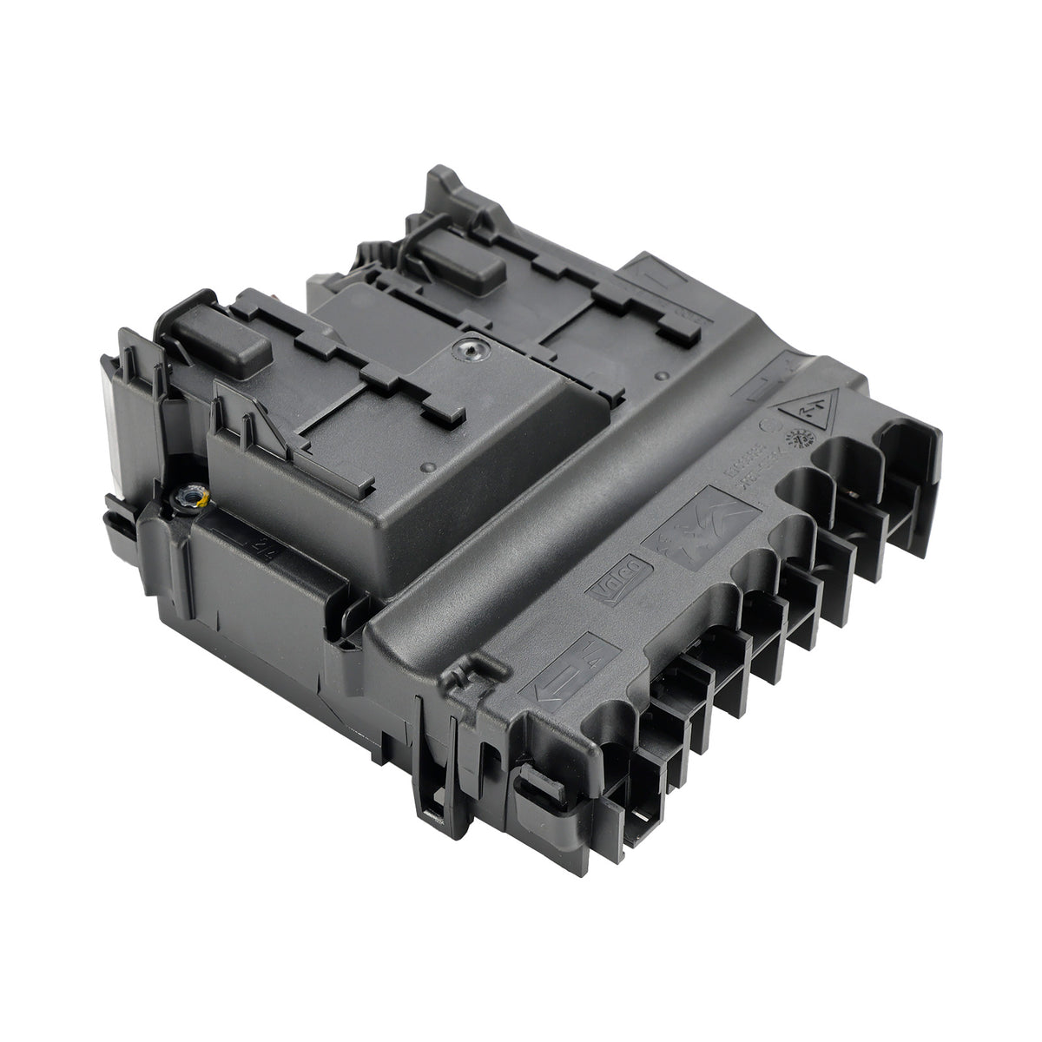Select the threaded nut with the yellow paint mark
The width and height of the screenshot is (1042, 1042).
click(x=188, y=498)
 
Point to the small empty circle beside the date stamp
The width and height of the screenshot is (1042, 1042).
click(x=768, y=427)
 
